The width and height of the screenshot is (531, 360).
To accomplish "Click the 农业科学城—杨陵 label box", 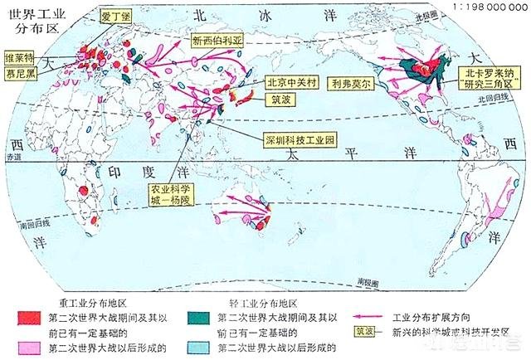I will click(x=170, y=194).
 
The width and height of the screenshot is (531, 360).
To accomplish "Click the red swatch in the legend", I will click(x=29, y=318).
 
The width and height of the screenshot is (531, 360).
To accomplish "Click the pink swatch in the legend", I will click(x=29, y=345).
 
